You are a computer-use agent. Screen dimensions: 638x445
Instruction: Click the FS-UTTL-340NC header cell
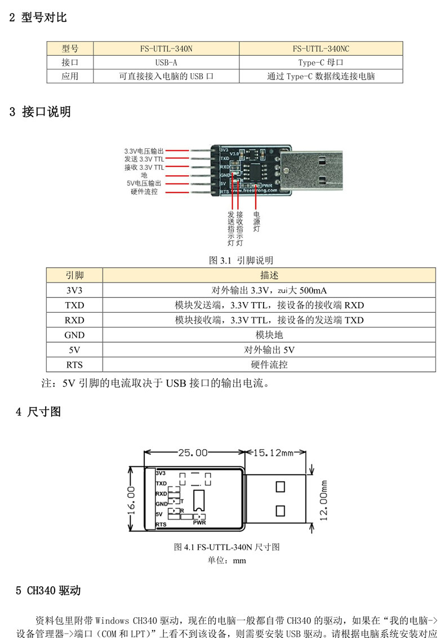pyautogui.click(x=321, y=48)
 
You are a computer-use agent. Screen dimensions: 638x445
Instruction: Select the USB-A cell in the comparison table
pyautogui.click(x=166, y=63)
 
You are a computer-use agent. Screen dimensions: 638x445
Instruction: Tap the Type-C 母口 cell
pyautogui.click(x=321, y=63)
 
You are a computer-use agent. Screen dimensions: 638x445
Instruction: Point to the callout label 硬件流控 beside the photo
pyautogui.click(x=144, y=192)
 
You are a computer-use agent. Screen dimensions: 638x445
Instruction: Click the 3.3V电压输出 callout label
pyautogui.click(x=144, y=151)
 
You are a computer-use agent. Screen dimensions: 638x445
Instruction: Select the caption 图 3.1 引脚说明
pyautogui.click(x=241, y=260)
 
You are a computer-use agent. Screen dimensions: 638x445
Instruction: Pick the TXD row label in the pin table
pyautogui.click(x=74, y=305)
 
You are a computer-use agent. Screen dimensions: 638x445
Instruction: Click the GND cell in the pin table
pyautogui.click(x=74, y=335)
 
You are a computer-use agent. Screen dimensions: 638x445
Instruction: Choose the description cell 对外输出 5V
pyautogui.click(x=269, y=349)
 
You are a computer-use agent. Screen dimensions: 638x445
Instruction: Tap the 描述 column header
pyautogui.click(x=269, y=276)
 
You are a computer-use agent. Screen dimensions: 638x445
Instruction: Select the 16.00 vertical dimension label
pyautogui.click(x=131, y=500)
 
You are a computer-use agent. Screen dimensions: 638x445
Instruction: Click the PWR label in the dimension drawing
pyautogui.click(x=199, y=522)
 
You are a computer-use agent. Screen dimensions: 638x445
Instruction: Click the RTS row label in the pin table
pyautogui.click(x=74, y=364)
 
